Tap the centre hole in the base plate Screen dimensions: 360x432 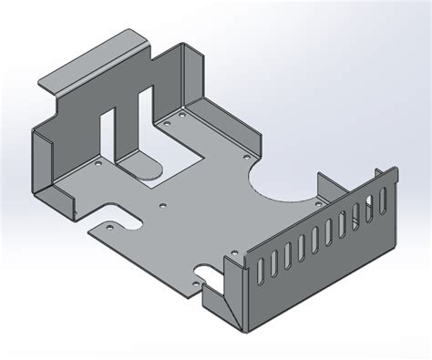click(x=163, y=204)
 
